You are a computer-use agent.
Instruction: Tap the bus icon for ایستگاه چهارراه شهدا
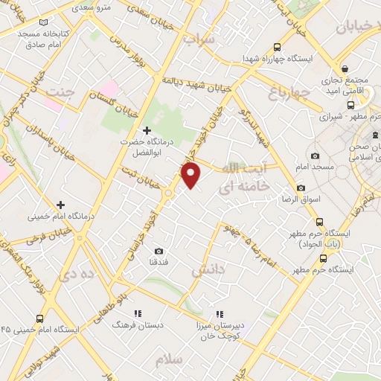point(278,45)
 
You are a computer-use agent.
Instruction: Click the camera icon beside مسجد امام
point(315,156)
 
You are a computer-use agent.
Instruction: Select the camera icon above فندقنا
point(158,252)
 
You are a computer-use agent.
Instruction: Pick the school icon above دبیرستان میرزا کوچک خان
point(220,315)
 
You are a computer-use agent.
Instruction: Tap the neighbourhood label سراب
point(200,39)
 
